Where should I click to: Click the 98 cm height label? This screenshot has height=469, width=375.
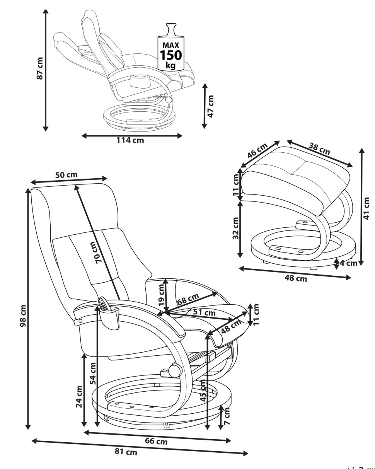coord(23,315)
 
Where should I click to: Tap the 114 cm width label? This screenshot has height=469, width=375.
coord(130,140)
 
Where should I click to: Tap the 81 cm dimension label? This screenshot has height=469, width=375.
coord(126,452)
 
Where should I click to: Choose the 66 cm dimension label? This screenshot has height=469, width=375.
coord(157,441)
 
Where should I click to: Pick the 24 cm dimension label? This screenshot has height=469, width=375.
coord(79,397)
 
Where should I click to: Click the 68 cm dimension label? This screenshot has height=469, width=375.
coord(188,300)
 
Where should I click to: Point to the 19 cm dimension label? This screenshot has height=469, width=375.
coord(161,293)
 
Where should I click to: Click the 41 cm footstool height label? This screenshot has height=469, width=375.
coord(368,208)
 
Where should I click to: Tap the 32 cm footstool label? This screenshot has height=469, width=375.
coord(236,228)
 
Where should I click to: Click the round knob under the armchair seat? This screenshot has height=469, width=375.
coord(174,370)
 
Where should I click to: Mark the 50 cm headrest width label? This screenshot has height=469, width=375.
coord(66,175)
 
